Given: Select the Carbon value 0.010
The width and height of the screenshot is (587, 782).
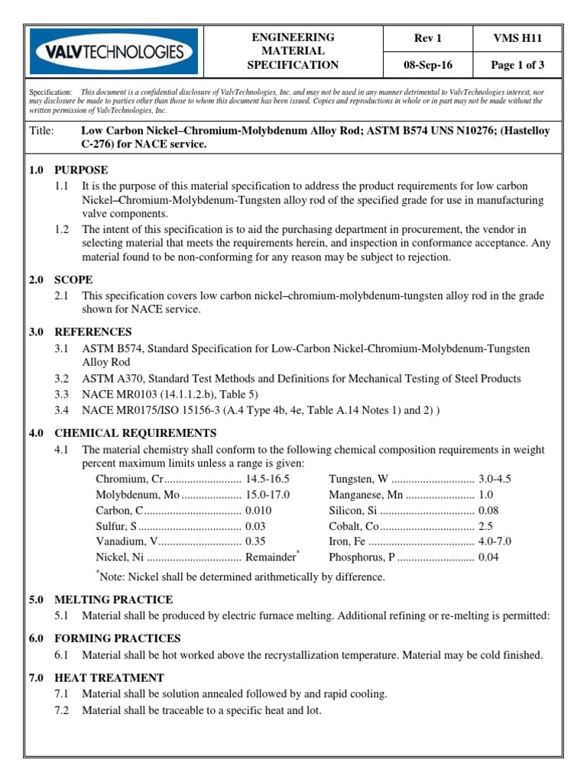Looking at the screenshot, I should click(x=258, y=510).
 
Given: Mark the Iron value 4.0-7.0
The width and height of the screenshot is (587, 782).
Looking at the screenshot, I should click(x=495, y=541).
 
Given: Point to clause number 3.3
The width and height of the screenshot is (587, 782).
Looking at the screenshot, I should click(x=62, y=394).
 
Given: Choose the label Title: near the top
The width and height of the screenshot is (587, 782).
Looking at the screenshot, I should click(x=41, y=131).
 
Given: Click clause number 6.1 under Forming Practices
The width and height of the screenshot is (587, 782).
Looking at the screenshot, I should click(x=62, y=655).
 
